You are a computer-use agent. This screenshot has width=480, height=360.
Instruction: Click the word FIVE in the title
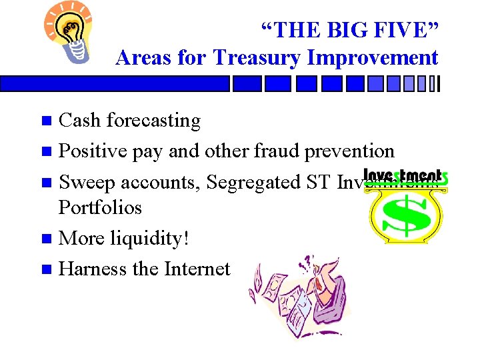393,29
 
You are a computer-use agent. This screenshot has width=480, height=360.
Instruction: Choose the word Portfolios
100,207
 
